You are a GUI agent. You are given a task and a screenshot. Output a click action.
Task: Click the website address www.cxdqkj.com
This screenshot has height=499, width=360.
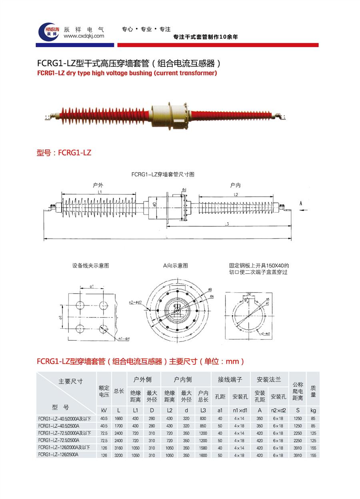tap(84, 36)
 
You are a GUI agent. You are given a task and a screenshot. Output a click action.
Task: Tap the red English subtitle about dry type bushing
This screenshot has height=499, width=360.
tap(127, 73)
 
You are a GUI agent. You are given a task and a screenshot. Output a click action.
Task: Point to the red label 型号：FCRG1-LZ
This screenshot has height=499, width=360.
tap(64, 152)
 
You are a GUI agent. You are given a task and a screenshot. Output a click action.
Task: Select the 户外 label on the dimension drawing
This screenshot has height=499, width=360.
tap(98, 185)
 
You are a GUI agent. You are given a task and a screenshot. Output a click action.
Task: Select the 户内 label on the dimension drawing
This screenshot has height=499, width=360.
tap(235, 185)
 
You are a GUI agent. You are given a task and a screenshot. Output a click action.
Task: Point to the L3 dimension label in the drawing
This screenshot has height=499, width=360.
tap(227, 224)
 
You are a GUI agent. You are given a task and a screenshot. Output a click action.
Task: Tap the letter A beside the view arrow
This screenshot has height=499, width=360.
tap(300, 203)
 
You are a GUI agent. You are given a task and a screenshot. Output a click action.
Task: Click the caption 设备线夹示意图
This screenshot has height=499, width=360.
tap(90, 265)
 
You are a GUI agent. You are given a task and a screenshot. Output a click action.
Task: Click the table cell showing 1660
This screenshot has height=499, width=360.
tap(118, 419)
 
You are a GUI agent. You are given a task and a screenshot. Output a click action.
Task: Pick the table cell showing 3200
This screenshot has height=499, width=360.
tap(118, 455)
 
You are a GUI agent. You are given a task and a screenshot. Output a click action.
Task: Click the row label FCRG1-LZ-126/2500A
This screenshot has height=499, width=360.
tap(58, 455)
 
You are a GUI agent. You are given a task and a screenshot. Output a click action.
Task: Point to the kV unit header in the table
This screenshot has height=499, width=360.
tap(104, 410)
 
